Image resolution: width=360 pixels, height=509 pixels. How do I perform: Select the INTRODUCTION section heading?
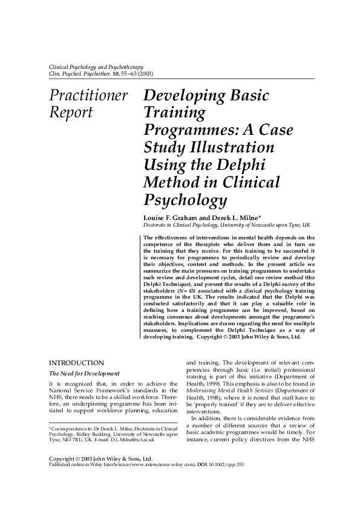[x=76, y=362]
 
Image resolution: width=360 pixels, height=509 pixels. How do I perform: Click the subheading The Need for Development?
[x=84, y=374]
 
